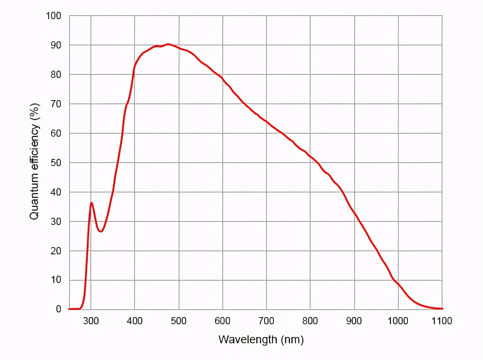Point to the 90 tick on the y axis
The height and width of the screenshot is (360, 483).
coord(55,45)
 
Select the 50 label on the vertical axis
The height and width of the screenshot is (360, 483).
coord(55,163)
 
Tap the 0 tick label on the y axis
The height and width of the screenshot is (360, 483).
coord(58,309)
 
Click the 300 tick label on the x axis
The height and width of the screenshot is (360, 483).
coord(91,321)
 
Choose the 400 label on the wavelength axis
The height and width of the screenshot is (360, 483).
coord(135,321)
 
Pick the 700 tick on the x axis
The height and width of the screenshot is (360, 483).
coord(266,321)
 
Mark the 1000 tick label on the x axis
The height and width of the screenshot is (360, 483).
coord(398,321)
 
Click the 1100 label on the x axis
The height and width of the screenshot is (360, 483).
coord(441,321)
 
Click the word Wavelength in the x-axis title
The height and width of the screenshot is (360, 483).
coord(247,340)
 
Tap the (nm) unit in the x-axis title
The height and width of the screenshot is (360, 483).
coord(292,340)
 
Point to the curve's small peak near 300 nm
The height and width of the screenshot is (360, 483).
coord(91,203)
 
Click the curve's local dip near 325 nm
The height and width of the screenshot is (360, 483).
coord(101,231)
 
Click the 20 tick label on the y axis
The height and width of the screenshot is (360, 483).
coord(55,251)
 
